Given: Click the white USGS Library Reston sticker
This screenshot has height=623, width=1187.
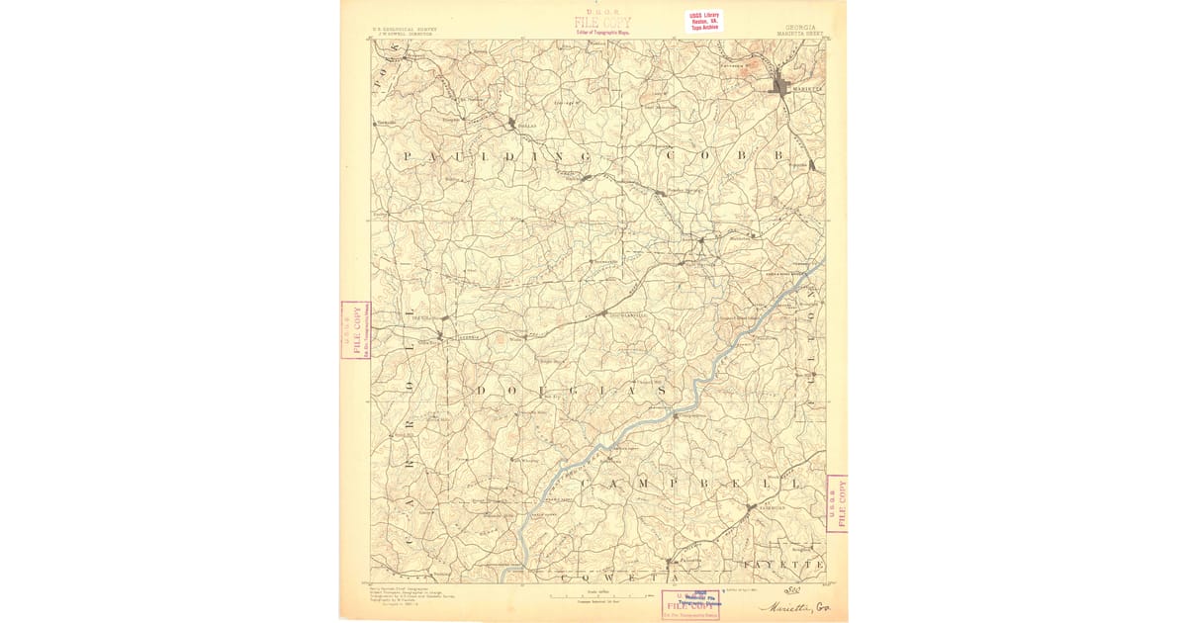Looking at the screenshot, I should click(x=705, y=21).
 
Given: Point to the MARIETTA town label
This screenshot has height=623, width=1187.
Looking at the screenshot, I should click(x=806, y=88).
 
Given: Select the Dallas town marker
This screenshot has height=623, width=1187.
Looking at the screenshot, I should click(x=511, y=124).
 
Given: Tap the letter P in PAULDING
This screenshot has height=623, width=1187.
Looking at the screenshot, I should click(x=407, y=157).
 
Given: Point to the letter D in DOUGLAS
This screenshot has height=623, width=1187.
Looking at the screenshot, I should click(x=482, y=392).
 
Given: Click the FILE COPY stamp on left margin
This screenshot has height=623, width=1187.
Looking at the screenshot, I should click(x=354, y=329).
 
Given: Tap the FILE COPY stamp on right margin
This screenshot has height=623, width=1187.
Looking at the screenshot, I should click(x=837, y=502).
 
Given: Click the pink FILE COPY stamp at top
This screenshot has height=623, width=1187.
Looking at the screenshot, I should click(x=601, y=22).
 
